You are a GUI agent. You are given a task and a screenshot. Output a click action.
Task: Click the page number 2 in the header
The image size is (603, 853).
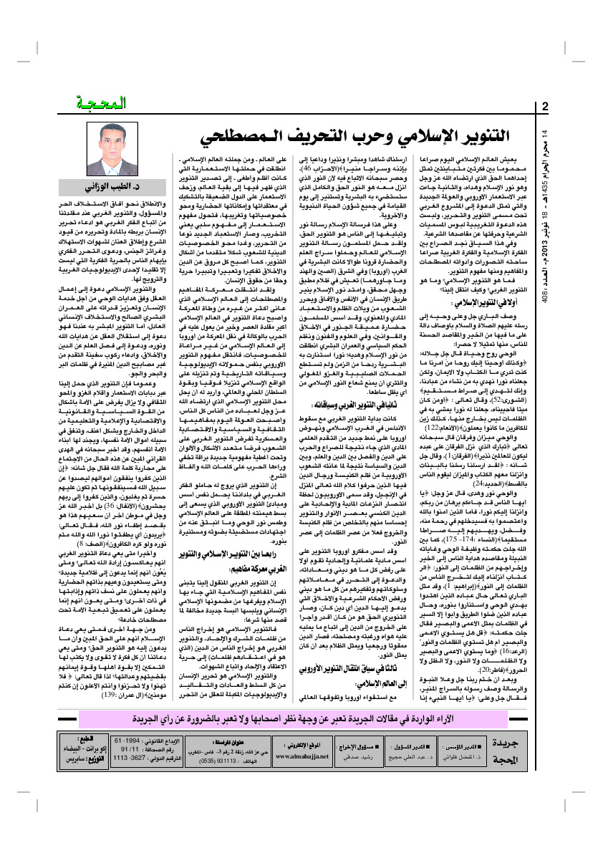point(546,108)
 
